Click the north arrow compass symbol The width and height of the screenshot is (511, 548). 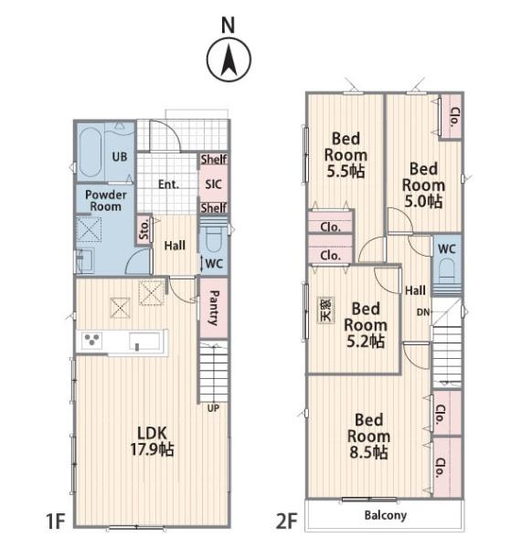point(229,59)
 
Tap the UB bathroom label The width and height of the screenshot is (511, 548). point(120,156)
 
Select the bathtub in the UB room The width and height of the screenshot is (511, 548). point(90,153)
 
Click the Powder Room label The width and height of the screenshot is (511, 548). point(106,200)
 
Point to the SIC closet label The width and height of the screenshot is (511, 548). point(213,184)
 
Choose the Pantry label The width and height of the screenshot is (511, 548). point(214,308)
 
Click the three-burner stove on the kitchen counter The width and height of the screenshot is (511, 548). point(92,341)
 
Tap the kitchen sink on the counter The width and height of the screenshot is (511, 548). point(144,341)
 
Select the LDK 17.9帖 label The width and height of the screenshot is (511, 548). point(152,441)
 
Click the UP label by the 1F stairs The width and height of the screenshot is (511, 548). point(213,408)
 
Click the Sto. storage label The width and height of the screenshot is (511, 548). point(144,229)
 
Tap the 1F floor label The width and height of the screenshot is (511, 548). point(56,522)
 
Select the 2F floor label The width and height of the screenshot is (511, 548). point(286,522)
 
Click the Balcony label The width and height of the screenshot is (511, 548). point(386,515)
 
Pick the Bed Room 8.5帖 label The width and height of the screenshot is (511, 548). point(368,437)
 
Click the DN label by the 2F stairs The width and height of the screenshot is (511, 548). point(423,312)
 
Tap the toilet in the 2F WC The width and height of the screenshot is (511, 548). point(447,270)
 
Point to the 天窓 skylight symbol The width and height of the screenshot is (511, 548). point(325,311)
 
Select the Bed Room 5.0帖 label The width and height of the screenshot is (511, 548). point(423,185)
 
